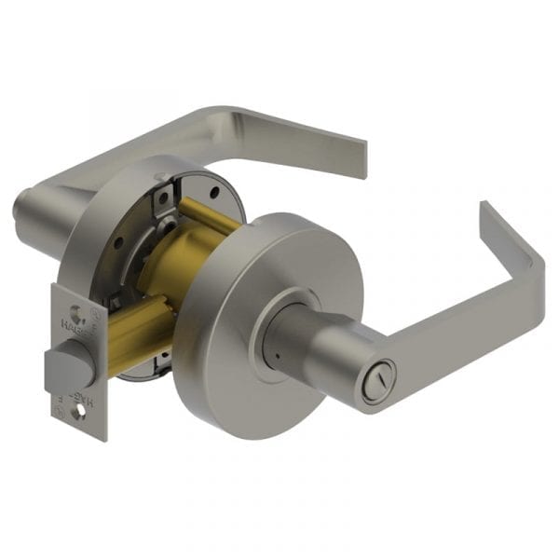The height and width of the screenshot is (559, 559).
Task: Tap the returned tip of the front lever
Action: pyautogui.click(x=485, y=219)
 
